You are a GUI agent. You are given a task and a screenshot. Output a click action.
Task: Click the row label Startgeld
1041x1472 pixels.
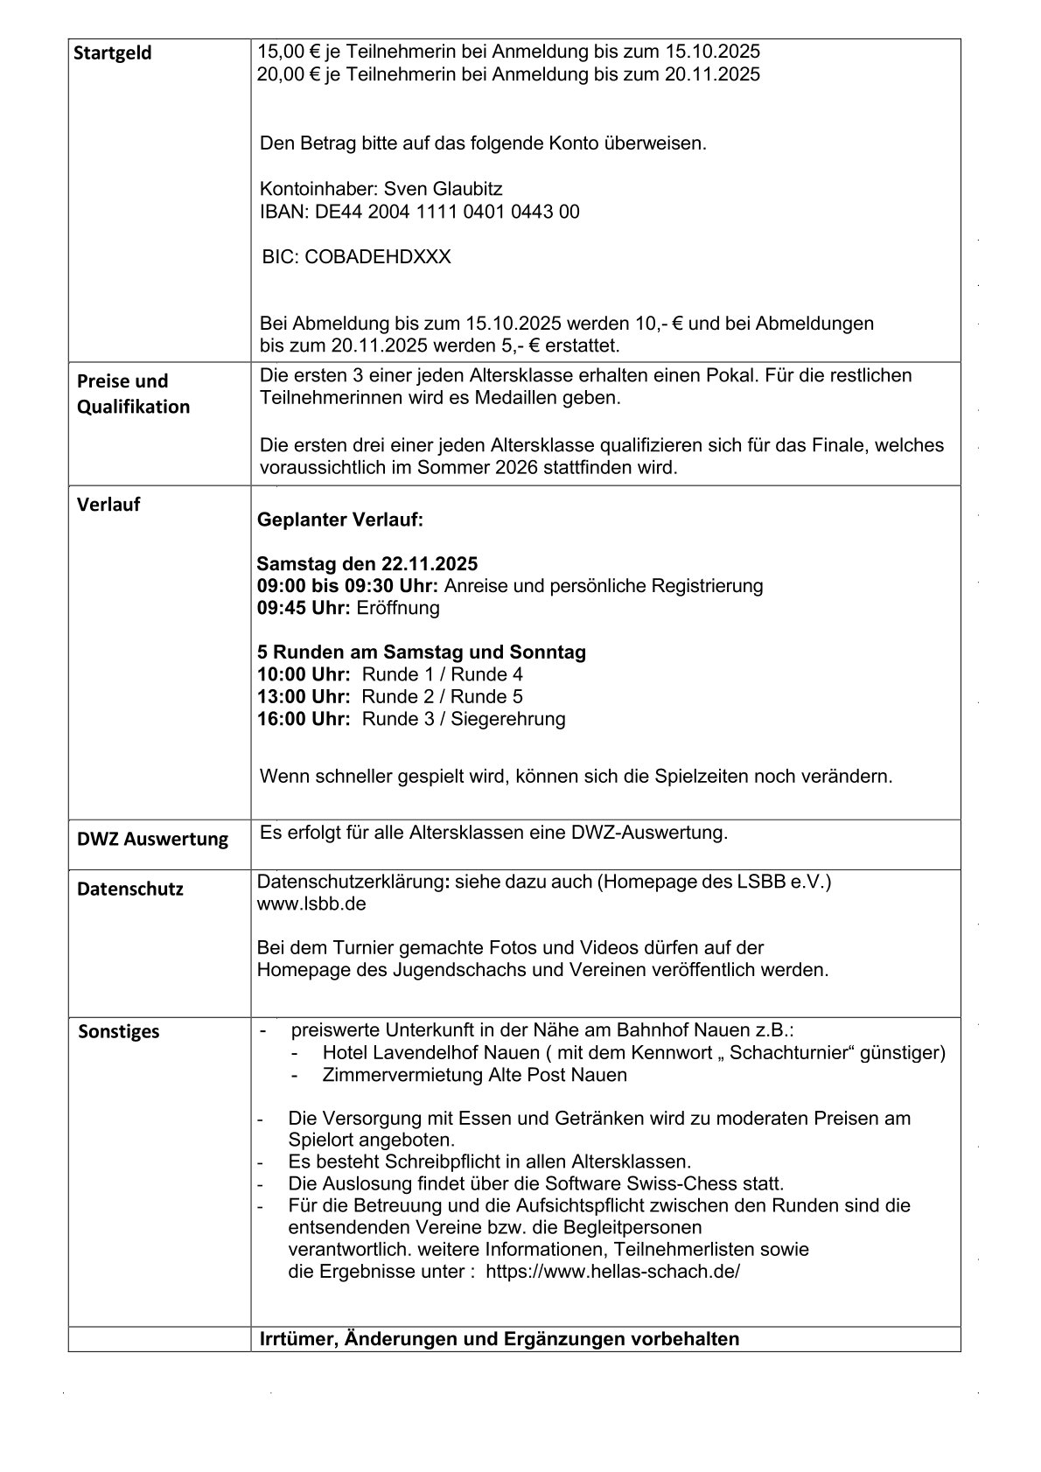point(112,53)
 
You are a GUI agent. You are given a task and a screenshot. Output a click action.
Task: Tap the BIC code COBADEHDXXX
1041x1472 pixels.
point(378,257)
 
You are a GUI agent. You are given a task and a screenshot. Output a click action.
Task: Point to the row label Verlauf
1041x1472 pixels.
point(108,505)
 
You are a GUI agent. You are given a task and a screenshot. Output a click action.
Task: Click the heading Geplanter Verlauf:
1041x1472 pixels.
point(340,520)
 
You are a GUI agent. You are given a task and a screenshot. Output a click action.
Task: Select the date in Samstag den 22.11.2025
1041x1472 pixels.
point(429,563)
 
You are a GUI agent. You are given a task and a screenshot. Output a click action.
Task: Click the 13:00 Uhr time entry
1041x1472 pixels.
point(304,697)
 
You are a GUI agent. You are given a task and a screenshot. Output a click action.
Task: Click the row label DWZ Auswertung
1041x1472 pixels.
point(152,840)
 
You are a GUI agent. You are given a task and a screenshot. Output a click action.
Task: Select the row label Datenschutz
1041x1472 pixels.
point(129,889)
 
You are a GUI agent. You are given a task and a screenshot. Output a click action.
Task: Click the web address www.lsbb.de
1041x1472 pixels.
point(311,903)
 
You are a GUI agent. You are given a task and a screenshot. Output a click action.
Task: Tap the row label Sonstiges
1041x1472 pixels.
point(119,1031)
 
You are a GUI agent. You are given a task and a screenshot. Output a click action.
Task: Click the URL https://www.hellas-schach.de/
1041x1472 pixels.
point(612,1272)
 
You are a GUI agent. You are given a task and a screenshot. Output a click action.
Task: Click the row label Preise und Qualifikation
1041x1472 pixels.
point(133,394)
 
